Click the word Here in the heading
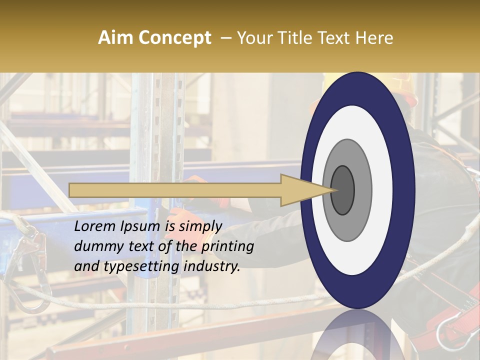click(x=376, y=38)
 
